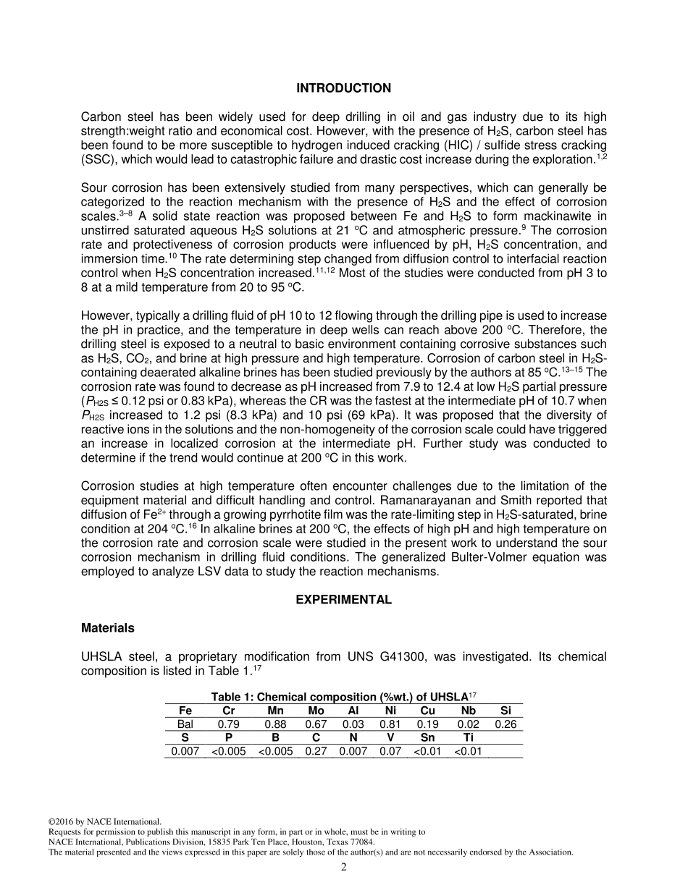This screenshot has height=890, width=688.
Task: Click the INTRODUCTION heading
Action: click(x=343, y=88)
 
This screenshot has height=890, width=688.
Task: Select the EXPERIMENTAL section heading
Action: click(x=343, y=600)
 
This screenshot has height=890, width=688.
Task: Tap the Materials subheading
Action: click(x=107, y=628)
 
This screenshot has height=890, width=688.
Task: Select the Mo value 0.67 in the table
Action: click(x=316, y=724)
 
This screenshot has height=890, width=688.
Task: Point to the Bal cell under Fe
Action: click(x=185, y=724)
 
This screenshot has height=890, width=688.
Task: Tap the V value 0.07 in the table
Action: click(x=390, y=751)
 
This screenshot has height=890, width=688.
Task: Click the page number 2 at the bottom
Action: click(x=344, y=868)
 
